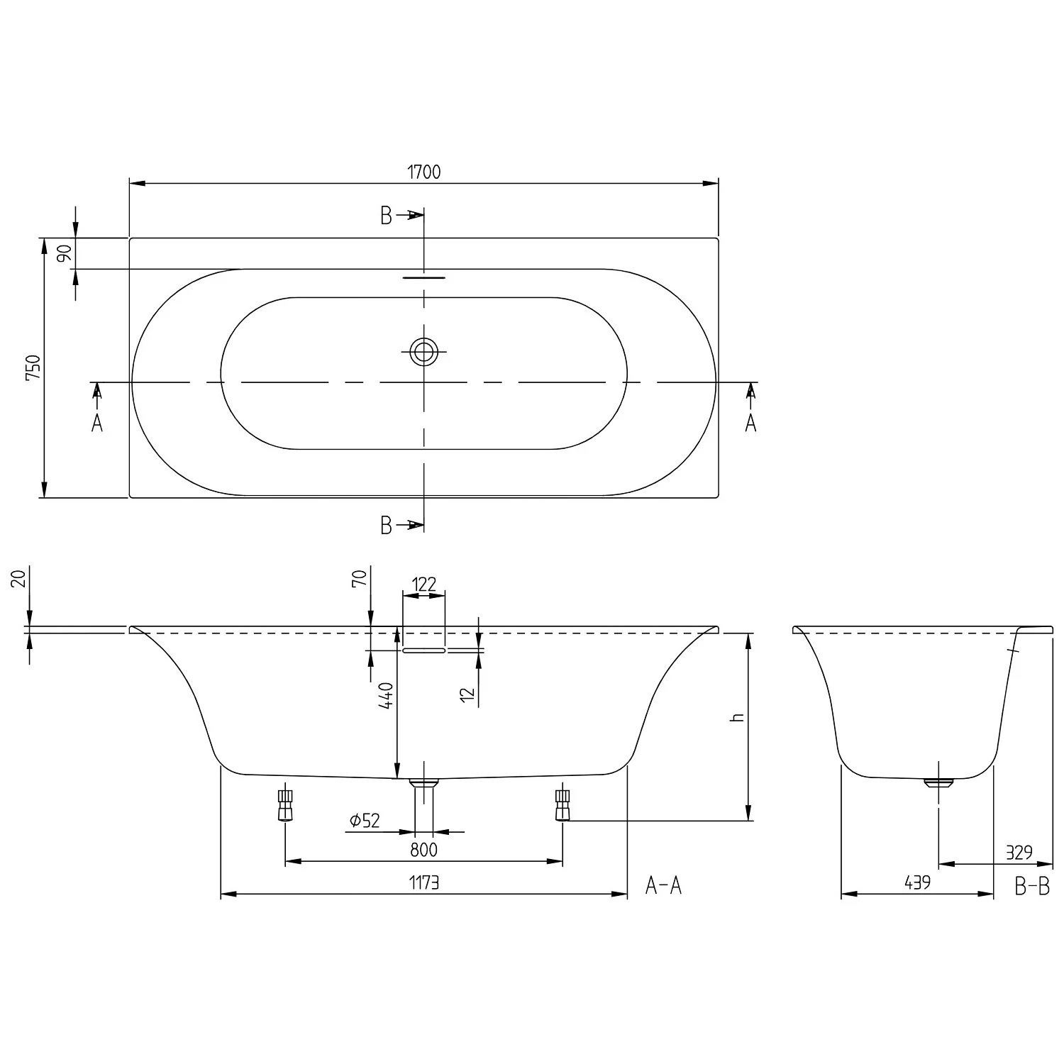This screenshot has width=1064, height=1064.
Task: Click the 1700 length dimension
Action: click(423, 172)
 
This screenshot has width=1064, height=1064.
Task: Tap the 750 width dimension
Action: click(33, 367)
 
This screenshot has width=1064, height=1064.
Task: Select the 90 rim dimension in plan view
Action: click(65, 253)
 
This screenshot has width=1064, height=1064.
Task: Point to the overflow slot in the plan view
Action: click(424, 278)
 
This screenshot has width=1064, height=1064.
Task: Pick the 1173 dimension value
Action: click(424, 882)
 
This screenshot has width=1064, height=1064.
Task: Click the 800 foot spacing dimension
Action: click(423, 849)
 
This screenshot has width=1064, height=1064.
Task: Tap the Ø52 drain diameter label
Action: click(365, 821)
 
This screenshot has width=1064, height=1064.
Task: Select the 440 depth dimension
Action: click(386, 696)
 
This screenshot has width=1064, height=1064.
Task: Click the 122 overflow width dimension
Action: click(423, 584)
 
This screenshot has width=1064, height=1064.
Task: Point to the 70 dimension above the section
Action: click(359, 578)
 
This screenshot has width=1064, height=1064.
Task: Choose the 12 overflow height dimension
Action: click(467, 693)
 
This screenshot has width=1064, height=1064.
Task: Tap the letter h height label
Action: click(738, 717)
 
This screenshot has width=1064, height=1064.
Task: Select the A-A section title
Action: click(663, 885)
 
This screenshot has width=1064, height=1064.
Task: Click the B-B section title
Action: click(1032, 886)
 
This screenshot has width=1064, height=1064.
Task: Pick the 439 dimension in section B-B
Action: click(917, 882)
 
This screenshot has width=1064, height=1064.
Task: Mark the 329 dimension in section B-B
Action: click(1019, 852)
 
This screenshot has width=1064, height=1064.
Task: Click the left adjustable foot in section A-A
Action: click(285, 804)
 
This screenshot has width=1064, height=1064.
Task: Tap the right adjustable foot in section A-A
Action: click(563, 804)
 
